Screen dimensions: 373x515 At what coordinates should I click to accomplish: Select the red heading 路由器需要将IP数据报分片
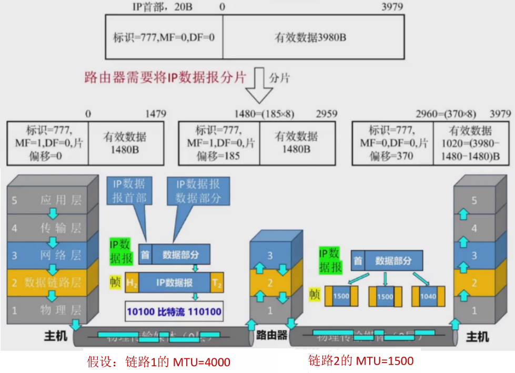pyautogui.click(x=165, y=77)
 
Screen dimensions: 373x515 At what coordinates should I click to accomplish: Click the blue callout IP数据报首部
pyautogui.click(x=129, y=191)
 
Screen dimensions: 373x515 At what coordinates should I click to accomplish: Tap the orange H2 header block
pyautogui.click(x=132, y=283)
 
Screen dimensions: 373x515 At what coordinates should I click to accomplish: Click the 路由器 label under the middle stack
pyautogui.click(x=270, y=335)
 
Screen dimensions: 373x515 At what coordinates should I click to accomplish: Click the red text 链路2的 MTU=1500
pyautogui.click(x=360, y=360)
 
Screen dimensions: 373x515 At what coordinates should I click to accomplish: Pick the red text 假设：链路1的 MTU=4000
pyautogui.click(x=158, y=361)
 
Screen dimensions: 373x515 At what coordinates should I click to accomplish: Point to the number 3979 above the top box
pyautogui.click(x=390, y=7)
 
